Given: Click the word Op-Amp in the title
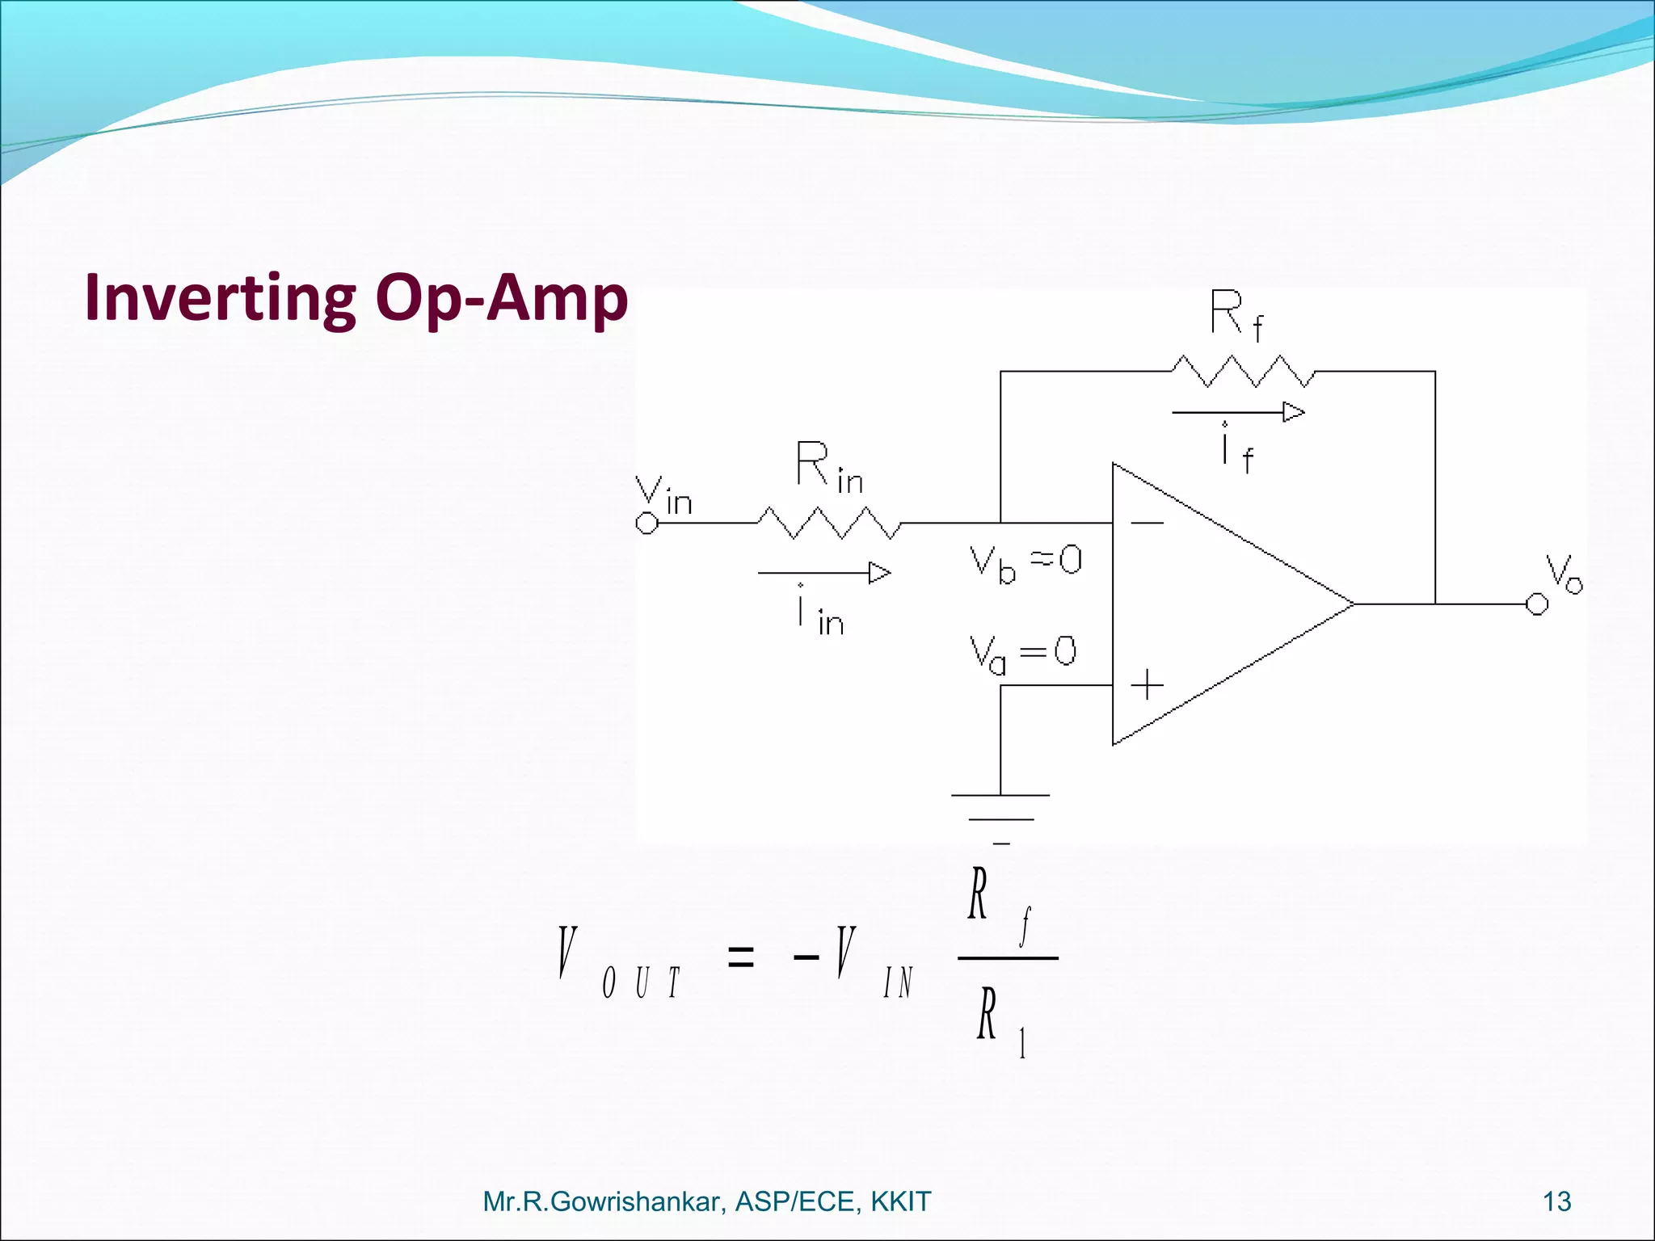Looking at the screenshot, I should [x=502, y=297].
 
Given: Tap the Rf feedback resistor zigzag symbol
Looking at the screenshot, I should [x=1243, y=371].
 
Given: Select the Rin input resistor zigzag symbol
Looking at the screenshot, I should [x=828, y=523].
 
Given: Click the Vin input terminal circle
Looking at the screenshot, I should [x=646, y=524].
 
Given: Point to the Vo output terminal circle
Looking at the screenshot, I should [x=1536, y=604].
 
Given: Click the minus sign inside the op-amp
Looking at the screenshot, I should [x=1147, y=523].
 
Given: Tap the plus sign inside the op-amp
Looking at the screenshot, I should [x=1147, y=685].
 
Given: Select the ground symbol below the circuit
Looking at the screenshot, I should [x=1000, y=816].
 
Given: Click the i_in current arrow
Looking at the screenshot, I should [x=824, y=573].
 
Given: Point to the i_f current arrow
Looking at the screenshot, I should [x=1238, y=413].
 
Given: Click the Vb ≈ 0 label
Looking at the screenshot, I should [x=1025, y=562].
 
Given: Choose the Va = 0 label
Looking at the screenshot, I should [x=1022, y=653].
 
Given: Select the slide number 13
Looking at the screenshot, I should [x=1556, y=1201].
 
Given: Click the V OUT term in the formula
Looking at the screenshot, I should [x=618, y=961].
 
